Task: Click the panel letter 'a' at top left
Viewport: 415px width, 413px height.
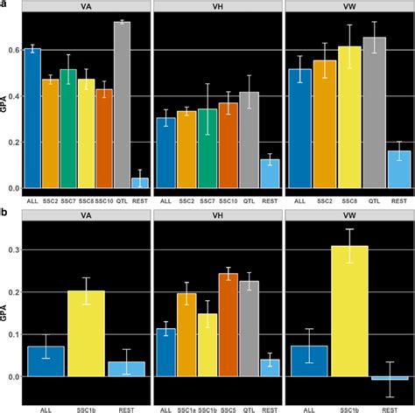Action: point(4,4)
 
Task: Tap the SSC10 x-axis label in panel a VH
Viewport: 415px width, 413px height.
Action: point(229,200)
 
